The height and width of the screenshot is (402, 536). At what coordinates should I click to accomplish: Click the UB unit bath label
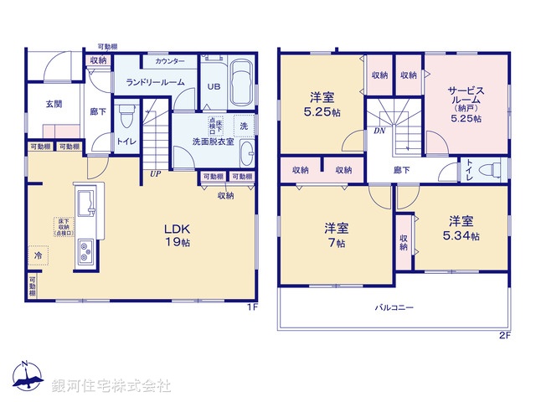(x=214, y=87)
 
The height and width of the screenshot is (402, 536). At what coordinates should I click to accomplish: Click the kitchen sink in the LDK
(x=86, y=204)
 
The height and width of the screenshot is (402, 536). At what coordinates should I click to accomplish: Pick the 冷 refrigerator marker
(x=38, y=253)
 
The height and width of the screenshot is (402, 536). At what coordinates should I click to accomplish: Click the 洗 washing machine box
(x=244, y=126)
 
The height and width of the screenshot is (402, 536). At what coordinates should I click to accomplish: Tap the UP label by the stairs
(x=155, y=174)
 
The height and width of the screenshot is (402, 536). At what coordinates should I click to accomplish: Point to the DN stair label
(x=379, y=131)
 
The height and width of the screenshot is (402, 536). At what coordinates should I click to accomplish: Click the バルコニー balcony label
(x=394, y=309)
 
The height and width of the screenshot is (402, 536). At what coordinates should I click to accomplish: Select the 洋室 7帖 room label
(x=337, y=234)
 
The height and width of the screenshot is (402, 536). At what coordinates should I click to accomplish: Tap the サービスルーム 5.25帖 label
(x=466, y=101)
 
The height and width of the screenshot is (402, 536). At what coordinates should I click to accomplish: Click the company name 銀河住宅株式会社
(x=111, y=386)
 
